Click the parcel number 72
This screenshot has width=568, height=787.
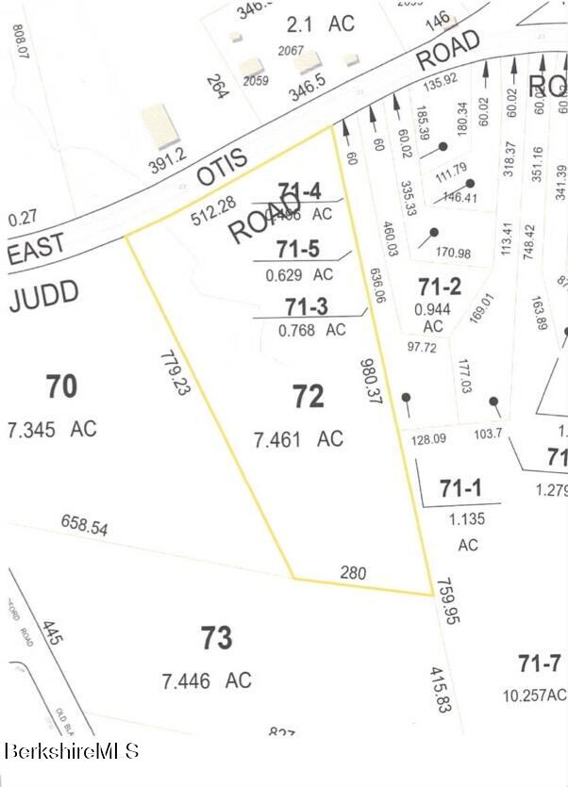pyautogui.click(x=309, y=397)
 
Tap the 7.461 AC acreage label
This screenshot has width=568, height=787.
pyautogui.click(x=298, y=438)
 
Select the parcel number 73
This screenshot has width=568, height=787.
pyautogui.click(x=216, y=639)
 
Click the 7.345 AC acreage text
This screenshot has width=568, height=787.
pyautogui.click(x=52, y=429)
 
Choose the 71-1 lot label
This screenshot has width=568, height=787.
pyautogui.click(x=459, y=489)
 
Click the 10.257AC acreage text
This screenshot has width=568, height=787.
pyautogui.click(x=535, y=696)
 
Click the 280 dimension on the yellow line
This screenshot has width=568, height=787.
pyautogui.click(x=352, y=572)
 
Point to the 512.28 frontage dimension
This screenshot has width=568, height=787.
pyautogui.click(x=212, y=216)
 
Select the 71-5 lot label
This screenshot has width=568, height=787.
pyautogui.click(x=299, y=249)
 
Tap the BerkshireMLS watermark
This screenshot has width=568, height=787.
pyautogui.click(x=72, y=751)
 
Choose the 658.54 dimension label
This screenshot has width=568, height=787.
pyautogui.click(x=85, y=525)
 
